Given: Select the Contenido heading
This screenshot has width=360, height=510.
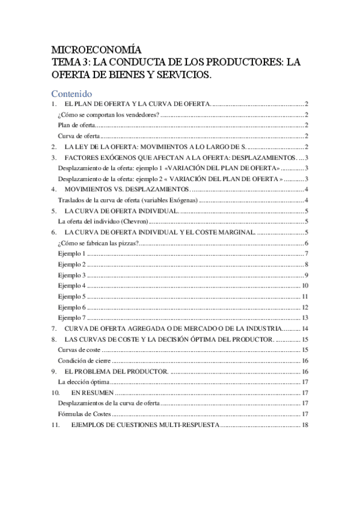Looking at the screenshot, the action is click(x=71, y=94).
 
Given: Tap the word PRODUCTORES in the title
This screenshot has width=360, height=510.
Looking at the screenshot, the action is click(x=232, y=62).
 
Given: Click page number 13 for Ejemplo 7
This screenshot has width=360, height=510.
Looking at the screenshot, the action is click(x=305, y=318).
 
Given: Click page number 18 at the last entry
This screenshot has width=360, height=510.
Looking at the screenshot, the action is click(x=305, y=425).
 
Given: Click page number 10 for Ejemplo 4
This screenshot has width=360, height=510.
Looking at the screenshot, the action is click(x=305, y=286).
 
